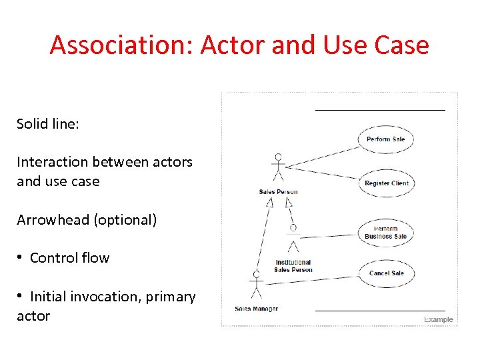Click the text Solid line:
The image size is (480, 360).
click(x=48, y=124)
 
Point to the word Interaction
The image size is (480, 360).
click(x=52, y=162)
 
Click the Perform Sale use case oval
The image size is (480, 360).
click(x=386, y=139)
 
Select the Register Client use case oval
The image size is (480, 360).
click(x=387, y=183)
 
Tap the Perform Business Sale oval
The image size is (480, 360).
click(x=386, y=233)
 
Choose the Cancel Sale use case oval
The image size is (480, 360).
click(x=387, y=273)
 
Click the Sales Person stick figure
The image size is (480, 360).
click(x=278, y=169)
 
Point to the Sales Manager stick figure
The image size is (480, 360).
click(x=256, y=287)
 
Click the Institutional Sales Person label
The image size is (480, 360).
click(x=293, y=266)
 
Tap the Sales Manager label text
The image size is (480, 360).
click(x=257, y=309)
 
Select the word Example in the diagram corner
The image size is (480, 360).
click(x=439, y=319)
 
